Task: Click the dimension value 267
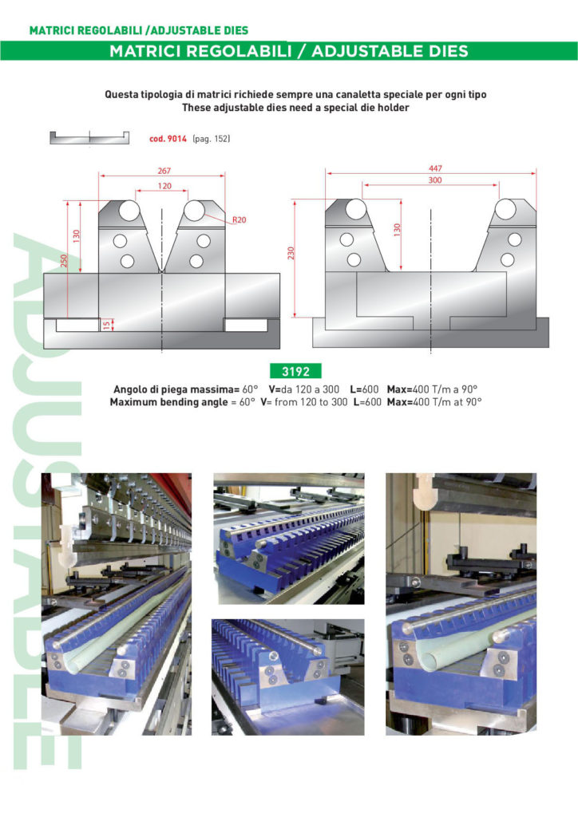[x=165, y=170]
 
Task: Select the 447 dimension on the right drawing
[x=435, y=168]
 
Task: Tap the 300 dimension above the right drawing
[x=435, y=181]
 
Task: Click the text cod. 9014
[x=168, y=139]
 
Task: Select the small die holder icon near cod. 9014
[x=89, y=138]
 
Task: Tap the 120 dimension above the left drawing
[x=164, y=185]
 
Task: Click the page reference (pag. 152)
[x=211, y=139]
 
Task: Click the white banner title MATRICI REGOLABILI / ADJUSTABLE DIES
[x=288, y=52]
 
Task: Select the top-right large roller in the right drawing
[x=505, y=210]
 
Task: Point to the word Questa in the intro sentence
[x=121, y=94]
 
